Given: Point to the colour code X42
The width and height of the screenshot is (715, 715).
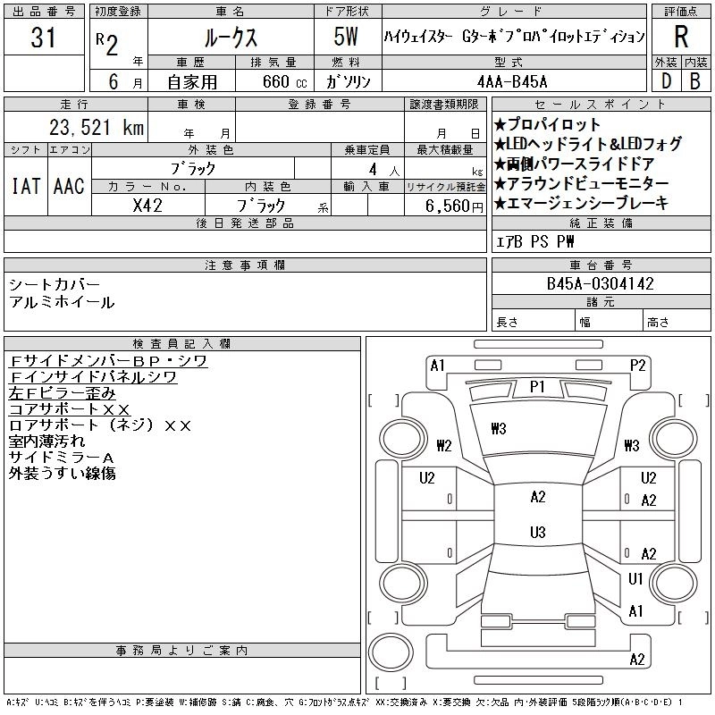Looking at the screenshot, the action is tap(147, 205).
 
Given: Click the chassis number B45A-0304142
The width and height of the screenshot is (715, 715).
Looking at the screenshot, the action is tap(600, 284).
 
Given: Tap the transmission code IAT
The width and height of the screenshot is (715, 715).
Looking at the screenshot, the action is tap(25, 186).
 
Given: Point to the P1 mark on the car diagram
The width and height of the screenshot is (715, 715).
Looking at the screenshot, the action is tap(537, 387).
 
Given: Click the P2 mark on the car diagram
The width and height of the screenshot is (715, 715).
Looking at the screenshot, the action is tap(637, 365).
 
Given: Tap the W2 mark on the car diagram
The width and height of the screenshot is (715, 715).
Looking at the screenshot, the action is tap(444, 445).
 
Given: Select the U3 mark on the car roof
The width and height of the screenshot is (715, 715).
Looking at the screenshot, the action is tap(537, 533).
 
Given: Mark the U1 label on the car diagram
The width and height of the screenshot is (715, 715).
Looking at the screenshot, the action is tap(635, 579).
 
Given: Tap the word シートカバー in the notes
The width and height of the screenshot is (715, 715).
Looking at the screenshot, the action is tap(55, 284).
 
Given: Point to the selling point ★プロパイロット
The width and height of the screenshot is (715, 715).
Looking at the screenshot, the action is tap(547, 125).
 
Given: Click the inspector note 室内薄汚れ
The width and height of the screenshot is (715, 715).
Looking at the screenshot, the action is tap(47, 442).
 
